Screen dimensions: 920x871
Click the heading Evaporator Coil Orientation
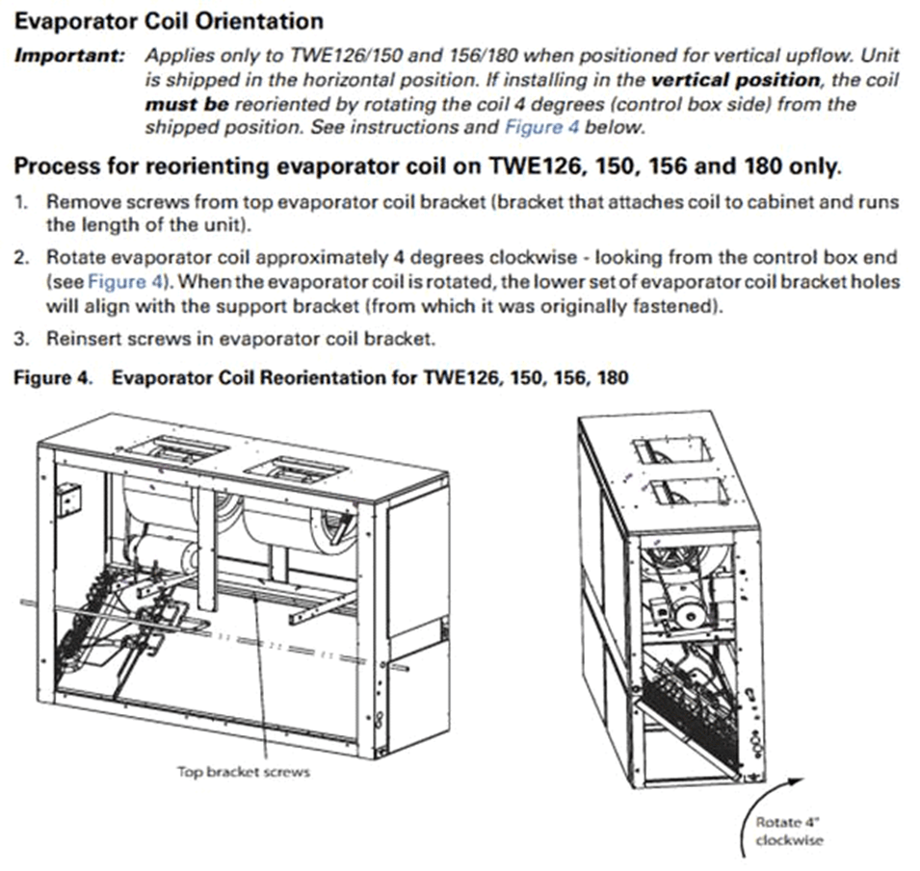(x=169, y=22)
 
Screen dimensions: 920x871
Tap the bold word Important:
(x=69, y=56)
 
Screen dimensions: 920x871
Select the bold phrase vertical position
(x=736, y=80)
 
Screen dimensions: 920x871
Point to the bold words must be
(x=187, y=104)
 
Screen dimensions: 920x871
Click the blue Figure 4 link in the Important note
(x=541, y=127)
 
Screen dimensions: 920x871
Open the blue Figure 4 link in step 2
(x=124, y=281)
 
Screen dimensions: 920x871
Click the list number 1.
(x=21, y=202)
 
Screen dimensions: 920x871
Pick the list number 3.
(x=21, y=339)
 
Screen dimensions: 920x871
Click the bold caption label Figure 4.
(x=53, y=377)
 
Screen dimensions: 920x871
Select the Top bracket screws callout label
(x=244, y=771)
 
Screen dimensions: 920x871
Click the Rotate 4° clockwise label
(x=789, y=832)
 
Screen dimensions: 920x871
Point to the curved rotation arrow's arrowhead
(x=797, y=782)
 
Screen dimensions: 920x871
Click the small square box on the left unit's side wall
(x=68, y=500)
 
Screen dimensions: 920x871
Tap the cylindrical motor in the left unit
(x=164, y=557)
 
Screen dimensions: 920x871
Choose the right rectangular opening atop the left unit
(x=298, y=472)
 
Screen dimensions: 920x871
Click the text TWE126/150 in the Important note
(x=346, y=56)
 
